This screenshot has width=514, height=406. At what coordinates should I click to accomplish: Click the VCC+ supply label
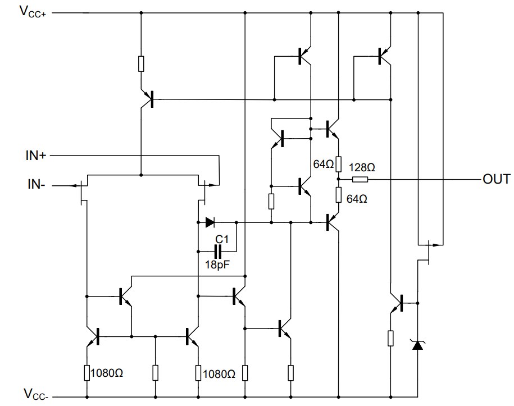tap(35, 11)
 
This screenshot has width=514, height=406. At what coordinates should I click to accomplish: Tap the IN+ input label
tap(35, 156)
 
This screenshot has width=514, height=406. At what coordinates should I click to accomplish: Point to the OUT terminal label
tap(495, 180)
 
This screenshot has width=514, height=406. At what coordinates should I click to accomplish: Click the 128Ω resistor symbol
tap(360, 180)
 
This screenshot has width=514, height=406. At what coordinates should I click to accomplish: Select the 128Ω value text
tap(362, 167)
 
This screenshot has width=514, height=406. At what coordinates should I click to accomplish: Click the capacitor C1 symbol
tap(217, 250)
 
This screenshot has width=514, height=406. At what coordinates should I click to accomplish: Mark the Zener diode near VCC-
tap(417, 344)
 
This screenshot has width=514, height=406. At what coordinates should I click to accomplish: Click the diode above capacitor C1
tap(211, 223)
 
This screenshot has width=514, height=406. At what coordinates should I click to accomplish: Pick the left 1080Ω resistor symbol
tap(87, 373)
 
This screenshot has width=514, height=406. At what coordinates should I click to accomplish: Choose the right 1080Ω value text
tap(219, 373)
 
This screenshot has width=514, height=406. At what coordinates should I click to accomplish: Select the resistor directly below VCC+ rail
tap(141, 63)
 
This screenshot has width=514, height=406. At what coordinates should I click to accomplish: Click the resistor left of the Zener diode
tap(390, 339)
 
